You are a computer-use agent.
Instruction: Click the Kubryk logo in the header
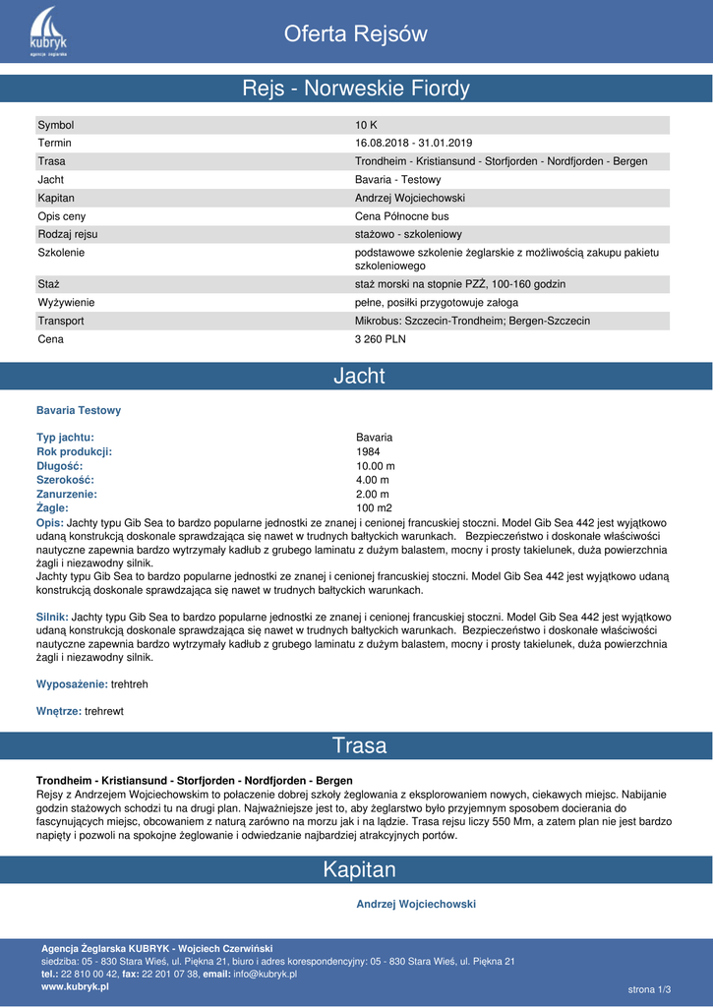48,31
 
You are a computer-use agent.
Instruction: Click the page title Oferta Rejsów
356,34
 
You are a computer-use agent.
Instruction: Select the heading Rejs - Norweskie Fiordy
356,89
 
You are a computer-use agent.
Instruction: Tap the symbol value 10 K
366,125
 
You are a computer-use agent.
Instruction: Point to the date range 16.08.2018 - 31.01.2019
413,144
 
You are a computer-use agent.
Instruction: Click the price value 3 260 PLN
380,339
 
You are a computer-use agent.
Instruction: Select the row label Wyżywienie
66,303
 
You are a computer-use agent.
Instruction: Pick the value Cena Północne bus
401,216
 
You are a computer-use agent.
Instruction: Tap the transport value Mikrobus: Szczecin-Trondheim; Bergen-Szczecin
472,322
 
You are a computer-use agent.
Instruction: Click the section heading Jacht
359,376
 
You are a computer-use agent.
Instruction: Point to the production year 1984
368,452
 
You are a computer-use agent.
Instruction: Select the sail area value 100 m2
374,508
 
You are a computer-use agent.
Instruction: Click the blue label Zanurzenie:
67,495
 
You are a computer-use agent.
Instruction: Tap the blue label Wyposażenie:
72,683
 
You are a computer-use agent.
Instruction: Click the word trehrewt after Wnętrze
104,710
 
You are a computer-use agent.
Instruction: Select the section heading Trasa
359,745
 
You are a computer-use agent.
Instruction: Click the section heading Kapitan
359,869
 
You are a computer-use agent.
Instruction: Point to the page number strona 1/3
648,988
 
